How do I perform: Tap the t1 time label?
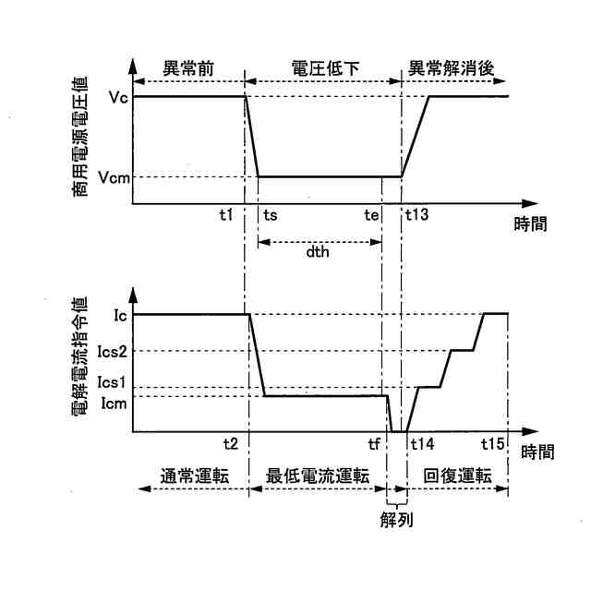tap(225, 215)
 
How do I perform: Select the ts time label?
tap(271, 215)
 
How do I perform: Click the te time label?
tap(371, 215)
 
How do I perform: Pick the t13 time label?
tap(419, 215)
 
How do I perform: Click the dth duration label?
tap(319, 261)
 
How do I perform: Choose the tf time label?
tap(374, 443)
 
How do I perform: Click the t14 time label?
tap(422, 443)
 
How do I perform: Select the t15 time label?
tap(493, 443)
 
